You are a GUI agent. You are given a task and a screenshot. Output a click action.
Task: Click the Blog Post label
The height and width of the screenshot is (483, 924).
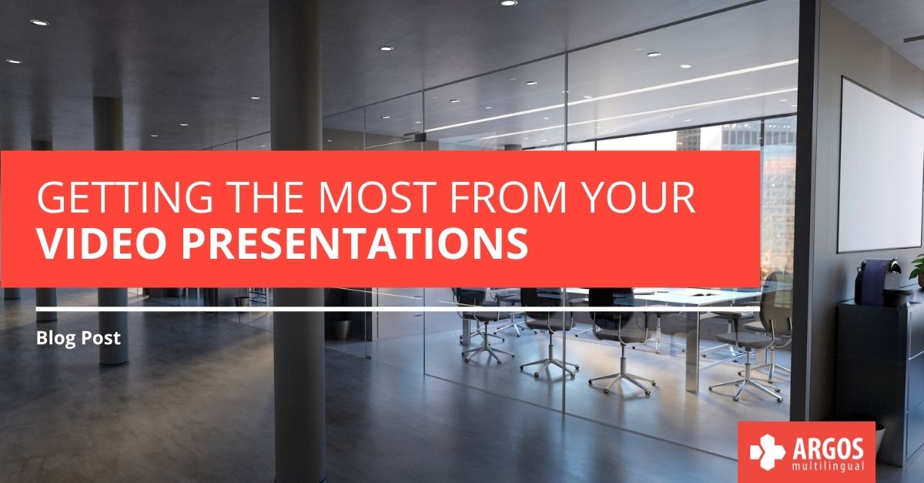tap(79, 337)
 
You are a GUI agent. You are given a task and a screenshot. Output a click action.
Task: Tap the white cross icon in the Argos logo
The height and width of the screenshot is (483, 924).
tap(767, 451)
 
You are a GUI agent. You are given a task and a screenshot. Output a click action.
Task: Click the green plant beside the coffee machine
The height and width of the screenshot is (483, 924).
tap(918, 270)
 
